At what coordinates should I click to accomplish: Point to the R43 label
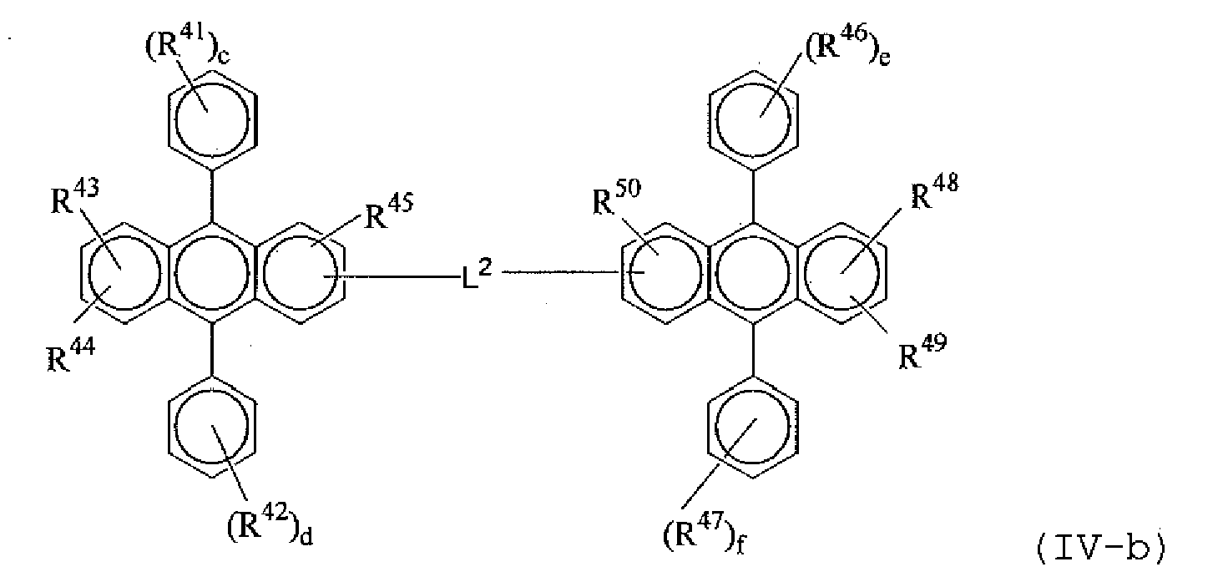click(x=75, y=197)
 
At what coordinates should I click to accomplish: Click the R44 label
click(x=70, y=354)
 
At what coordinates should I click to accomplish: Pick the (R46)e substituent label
click(x=848, y=47)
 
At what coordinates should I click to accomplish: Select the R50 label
click(x=616, y=197)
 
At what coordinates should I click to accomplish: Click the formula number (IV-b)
click(x=1101, y=550)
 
